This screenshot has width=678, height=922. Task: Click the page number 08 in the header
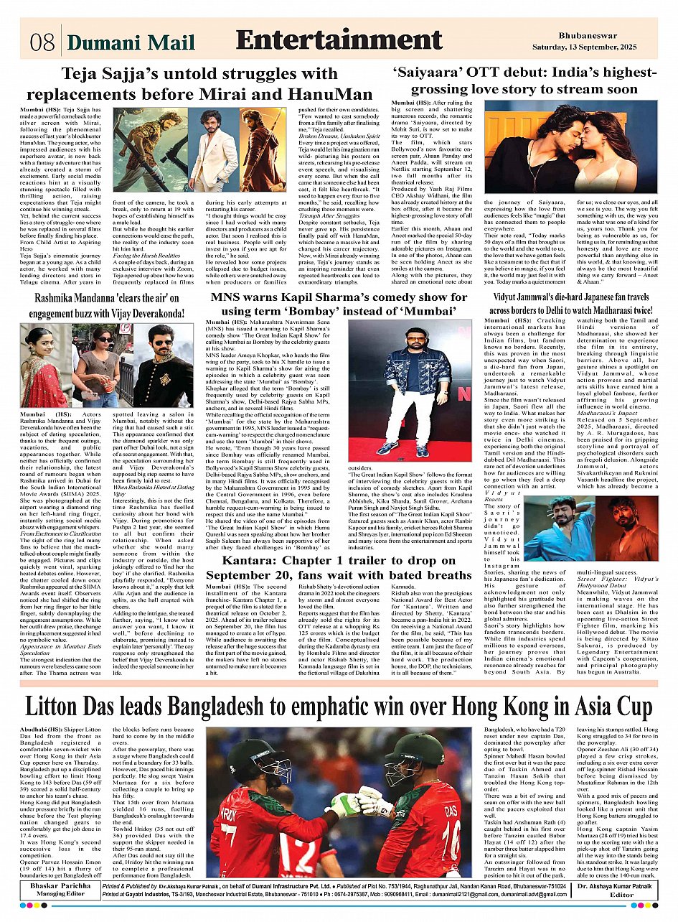pyautogui.click(x=42, y=42)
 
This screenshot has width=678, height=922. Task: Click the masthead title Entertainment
pyautogui.click(x=339, y=40)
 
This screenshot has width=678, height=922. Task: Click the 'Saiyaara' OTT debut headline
pyautogui.click(x=524, y=80)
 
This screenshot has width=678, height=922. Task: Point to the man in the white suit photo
pyautogui.click(x=213, y=149)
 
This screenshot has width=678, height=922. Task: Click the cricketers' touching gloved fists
pyautogui.click(x=354, y=805)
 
